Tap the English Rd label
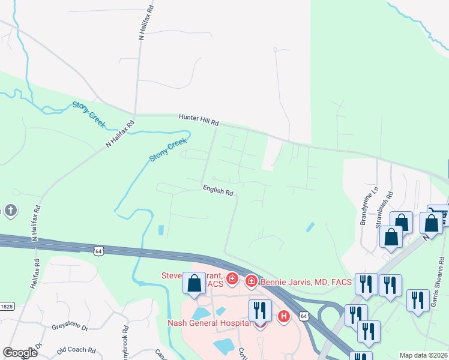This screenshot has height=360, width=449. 217,191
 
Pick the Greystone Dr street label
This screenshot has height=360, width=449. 70,328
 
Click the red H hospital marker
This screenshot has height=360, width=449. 284,316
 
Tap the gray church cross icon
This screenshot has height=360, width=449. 10,211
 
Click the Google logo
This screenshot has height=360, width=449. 20,353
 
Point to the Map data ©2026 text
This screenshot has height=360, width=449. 423,355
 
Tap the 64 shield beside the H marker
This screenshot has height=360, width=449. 304,315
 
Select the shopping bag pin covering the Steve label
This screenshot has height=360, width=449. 194,283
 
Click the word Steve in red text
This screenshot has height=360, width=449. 172,276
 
